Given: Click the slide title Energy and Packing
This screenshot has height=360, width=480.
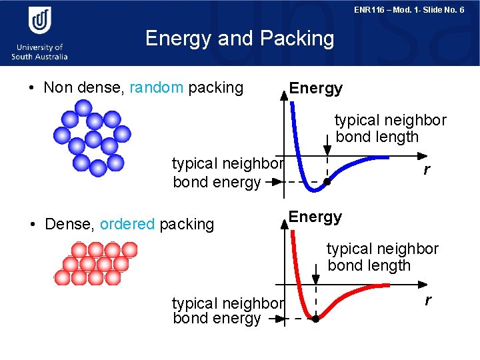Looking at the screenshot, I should tap(239, 39).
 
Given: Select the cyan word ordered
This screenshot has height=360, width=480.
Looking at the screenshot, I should tap(127, 224).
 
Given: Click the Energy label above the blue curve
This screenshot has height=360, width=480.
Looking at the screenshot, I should tap(315, 88).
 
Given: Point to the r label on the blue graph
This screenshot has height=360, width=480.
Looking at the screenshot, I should tap(427, 170).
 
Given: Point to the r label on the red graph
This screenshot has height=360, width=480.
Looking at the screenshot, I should tap(427, 301).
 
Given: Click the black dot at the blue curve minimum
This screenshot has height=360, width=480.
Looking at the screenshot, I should tap(327, 181).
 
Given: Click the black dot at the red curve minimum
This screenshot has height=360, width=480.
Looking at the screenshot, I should tap(315, 319).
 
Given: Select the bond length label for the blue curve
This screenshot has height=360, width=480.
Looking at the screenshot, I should tap(390, 129).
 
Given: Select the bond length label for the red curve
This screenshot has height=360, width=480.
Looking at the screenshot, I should tap(382, 257).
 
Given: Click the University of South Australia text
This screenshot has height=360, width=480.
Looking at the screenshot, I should tap(40, 52).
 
